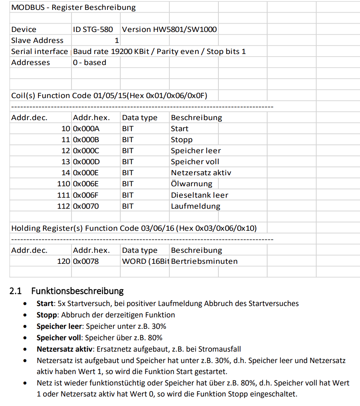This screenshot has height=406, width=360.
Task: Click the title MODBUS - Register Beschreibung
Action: point(73,7)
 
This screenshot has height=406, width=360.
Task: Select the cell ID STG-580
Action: point(93,29)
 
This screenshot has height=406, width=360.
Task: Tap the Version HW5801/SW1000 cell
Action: point(169,29)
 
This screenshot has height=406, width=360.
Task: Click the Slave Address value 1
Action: point(117,40)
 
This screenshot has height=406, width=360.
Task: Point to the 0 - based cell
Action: point(89,62)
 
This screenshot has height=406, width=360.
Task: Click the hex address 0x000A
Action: point(86,128)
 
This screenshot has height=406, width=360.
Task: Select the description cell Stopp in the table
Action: point(182,140)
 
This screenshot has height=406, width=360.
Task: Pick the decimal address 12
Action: point(66,151)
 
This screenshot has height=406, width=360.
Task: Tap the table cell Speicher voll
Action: point(195,162)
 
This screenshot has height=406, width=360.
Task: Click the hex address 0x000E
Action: point(86,173)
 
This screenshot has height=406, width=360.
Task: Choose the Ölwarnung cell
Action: point(191,184)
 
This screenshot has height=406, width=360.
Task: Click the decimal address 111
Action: point(64,195)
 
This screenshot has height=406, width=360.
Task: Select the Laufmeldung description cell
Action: point(196,206)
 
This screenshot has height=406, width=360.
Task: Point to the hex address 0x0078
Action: point(86,261)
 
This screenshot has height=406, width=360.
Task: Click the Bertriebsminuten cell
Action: point(204,261)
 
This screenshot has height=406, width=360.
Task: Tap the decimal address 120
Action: point(64,261)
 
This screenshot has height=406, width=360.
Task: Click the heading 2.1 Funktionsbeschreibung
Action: point(67,291)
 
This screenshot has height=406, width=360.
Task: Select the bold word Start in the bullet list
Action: point(45,303)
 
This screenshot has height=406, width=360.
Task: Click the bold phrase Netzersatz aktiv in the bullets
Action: point(65,349)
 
